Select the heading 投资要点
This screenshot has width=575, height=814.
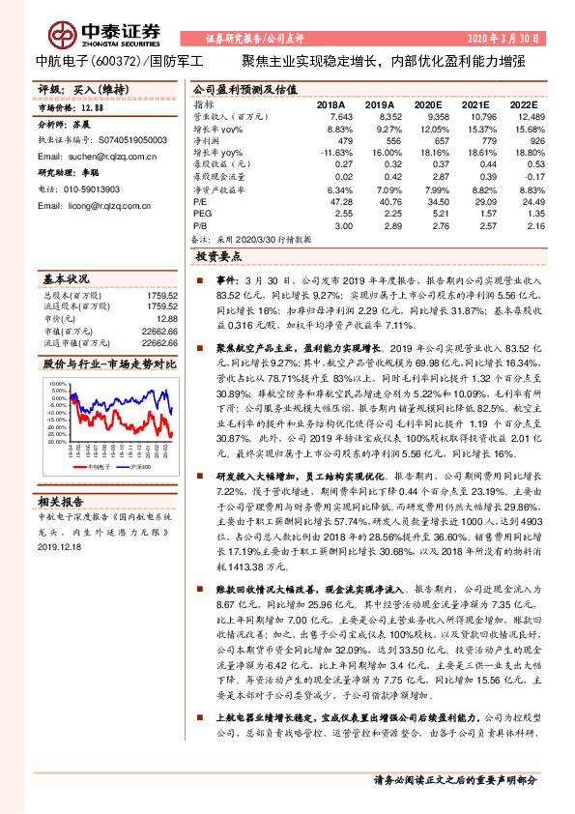pyautogui.click(x=217, y=259)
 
